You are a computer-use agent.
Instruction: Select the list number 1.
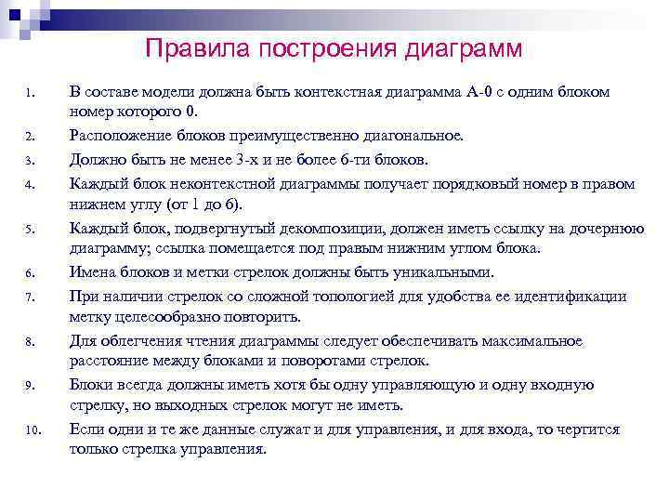pos(31,94)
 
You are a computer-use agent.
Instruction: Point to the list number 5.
pos(31,230)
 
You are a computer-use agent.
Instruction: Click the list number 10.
pos(33,430)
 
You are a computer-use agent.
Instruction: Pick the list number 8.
pos(31,342)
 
